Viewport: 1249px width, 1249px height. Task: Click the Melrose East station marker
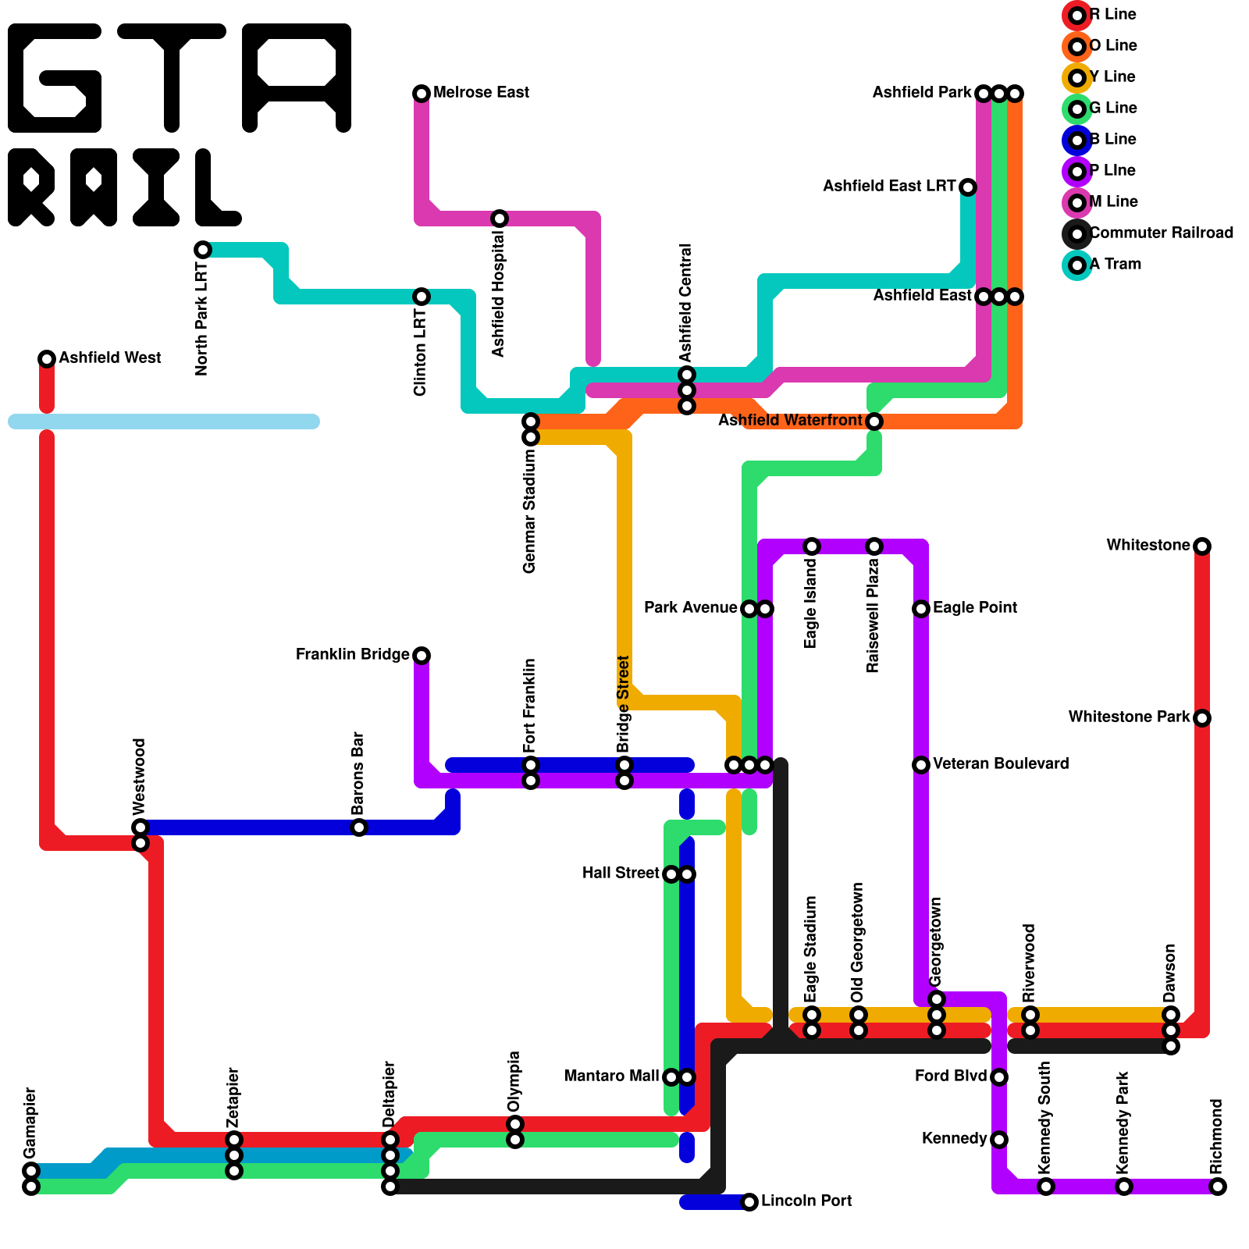(422, 94)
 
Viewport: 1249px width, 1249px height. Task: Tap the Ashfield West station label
(110, 358)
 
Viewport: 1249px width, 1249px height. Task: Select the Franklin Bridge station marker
(422, 656)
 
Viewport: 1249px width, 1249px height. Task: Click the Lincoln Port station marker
(749, 1202)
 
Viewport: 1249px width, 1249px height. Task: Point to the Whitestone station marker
(1202, 546)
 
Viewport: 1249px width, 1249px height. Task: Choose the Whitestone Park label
(1129, 717)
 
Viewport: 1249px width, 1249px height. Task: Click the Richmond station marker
(1218, 1187)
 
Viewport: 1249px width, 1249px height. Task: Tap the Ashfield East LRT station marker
(968, 187)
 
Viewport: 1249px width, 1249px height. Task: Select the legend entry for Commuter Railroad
(1161, 233)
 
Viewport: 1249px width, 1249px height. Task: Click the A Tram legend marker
(1077, 265)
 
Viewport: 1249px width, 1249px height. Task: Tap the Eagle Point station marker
(921, 609)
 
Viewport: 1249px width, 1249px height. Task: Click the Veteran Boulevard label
(1001, 763)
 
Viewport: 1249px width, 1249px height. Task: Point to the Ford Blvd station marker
(999, 1077)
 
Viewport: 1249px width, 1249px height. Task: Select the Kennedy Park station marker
(1124, 1187)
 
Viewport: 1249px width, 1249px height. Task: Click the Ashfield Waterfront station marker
(874, 422)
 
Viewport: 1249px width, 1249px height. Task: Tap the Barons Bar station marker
(359, 827)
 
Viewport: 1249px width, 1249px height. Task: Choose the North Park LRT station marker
(203, 250)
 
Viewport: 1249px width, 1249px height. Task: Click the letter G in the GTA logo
(55, 78)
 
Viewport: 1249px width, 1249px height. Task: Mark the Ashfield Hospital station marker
(500, 219)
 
